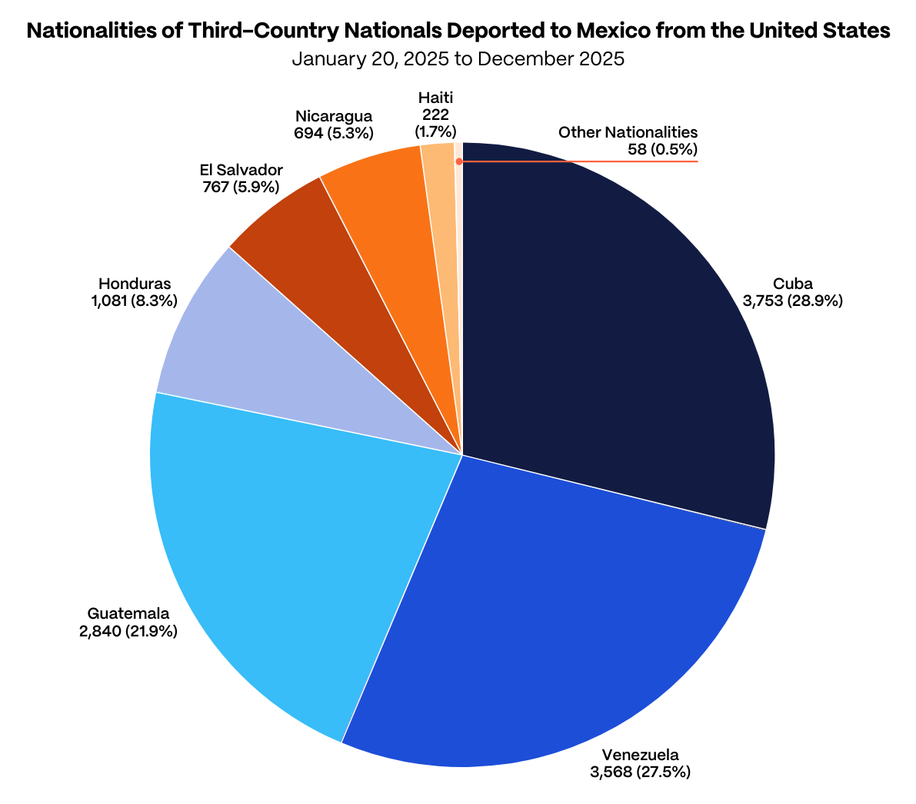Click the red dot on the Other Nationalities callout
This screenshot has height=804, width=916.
click(459, 161)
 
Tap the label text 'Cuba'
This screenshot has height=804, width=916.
click(793, 284)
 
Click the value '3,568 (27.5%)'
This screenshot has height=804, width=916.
click(640, 771)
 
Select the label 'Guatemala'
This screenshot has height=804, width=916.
click(128, 614)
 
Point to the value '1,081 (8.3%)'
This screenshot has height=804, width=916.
click(134, 301)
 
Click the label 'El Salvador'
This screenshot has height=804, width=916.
click(241, 170)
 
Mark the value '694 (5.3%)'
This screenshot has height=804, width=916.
click(334, 133)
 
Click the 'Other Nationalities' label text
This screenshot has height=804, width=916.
click(628, 132)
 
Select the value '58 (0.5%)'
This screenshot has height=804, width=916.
click(662, 149)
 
